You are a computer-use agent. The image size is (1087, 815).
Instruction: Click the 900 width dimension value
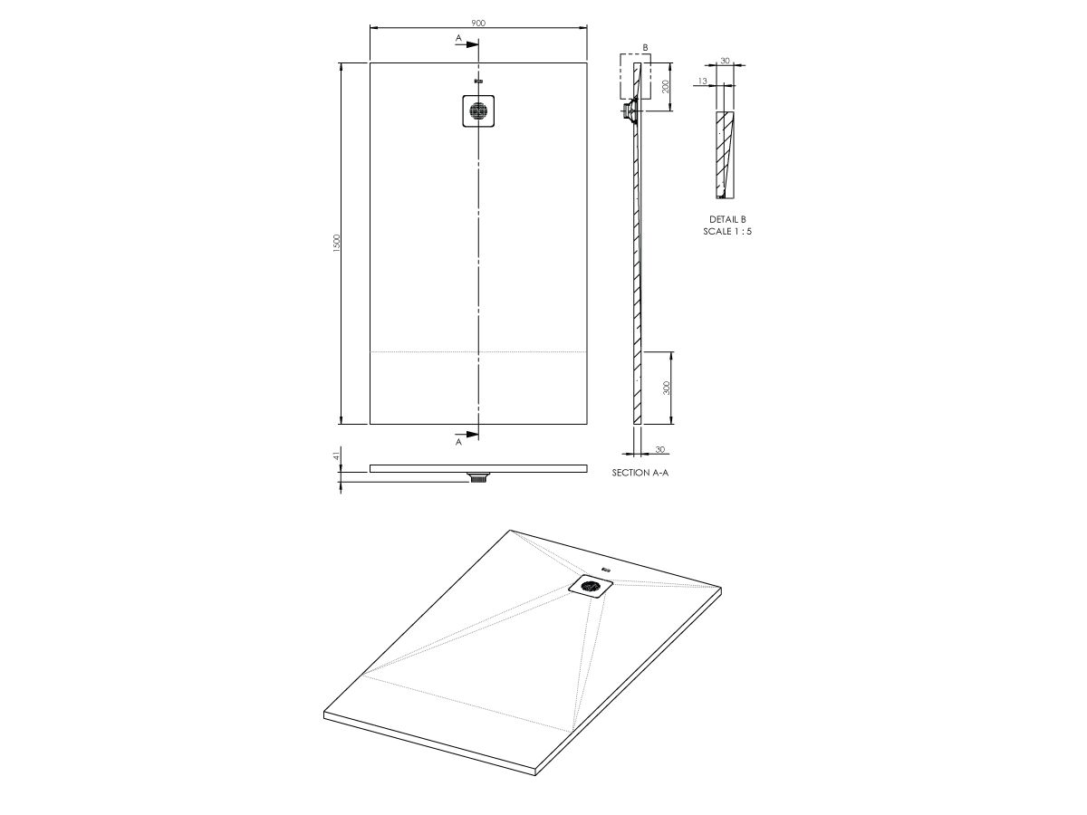coord(478,23)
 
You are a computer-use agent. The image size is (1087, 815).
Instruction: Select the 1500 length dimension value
coord(336,243)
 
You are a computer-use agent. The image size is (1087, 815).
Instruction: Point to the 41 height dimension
coord(336,456)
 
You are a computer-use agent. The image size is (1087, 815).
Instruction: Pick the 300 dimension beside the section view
coord(665,388)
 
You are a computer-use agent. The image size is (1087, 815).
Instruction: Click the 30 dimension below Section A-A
coord(659,450)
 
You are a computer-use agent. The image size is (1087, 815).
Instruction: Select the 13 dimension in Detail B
coord(703,81)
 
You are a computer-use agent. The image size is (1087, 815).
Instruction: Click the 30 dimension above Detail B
coord(725,61)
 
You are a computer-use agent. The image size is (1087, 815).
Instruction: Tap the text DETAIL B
coord(727,220)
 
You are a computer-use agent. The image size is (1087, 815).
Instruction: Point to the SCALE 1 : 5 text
coord(727,232)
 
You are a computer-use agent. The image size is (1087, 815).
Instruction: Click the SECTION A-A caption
coord(640,473)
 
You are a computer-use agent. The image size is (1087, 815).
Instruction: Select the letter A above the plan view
coord(459,38)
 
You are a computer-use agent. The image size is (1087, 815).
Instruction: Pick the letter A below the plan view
coord(459,443)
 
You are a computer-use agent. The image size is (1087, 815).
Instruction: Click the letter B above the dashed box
coord(645,46)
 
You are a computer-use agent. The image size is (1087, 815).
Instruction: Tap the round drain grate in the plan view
coord(477,111)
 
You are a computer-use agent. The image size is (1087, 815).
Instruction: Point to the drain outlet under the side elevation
coord(478,477)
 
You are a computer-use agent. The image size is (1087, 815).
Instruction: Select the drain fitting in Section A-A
coord(627,111)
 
